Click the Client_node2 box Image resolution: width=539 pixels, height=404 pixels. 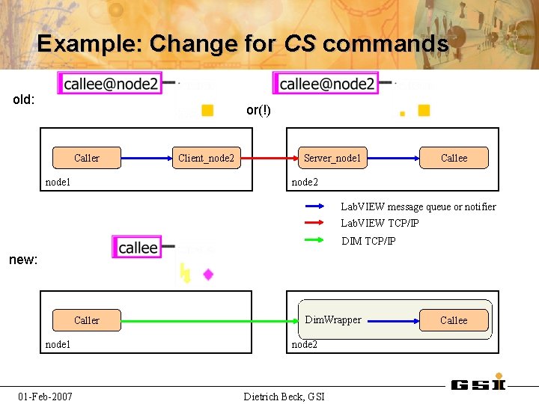pyautogui.click(x=206, y=158)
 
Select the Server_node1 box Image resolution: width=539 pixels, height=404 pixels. pyautogui.click(x=332, y=158)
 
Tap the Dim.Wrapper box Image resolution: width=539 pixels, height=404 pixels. pyautogui.click(x=332, y=320)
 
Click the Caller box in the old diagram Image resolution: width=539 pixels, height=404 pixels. pyautogui.click(x=86, y=158)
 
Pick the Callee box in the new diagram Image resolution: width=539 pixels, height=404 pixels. pyautogui.click(x=454, y=320)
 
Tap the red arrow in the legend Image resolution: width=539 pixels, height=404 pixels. pyautogui.click(x=314, y=223)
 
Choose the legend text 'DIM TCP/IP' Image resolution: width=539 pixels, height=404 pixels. pyautogui.click(x=368, y=241)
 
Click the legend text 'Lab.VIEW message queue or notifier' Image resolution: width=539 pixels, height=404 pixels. pyautogui.click(x=418, y=206)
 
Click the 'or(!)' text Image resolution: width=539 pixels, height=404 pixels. pyautogui.click(x=258, y=111)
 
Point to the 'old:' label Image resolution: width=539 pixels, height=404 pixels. pyautogui.click(x=24, y=100)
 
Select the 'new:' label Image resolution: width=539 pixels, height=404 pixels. pyautogui.click(x=23, y=260)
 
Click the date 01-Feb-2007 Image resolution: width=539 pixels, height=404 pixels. pyautogui.click(x=46, y=396)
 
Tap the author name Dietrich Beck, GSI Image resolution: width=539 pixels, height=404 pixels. pyautogui.click(x=284, y=396)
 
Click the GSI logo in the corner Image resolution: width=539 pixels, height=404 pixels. pyautogui.click(x=478, y=385)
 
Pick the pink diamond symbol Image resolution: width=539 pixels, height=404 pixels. pyautogui.click(x=208, y=275)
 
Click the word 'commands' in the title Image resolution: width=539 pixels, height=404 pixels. pyautogui.click(x=386, y=44)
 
